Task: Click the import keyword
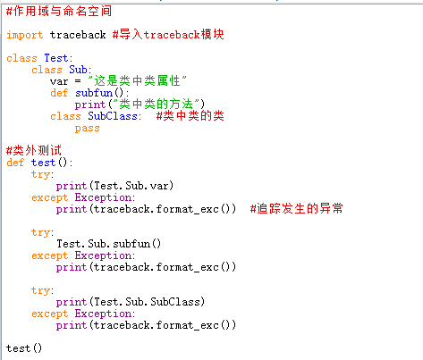[x=25, y=35]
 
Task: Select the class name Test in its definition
[x=56, y=58]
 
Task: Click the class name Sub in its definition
[x=79, y=70]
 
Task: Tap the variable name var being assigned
[x=59, y=81]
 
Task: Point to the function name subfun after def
[x=94, y=93]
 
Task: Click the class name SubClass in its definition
[x=113, y=116]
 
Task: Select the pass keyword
[x=87, y=129]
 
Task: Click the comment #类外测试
[x=34, y=150]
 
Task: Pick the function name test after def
[x=43, y=163]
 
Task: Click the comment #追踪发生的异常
[x=297, y=209]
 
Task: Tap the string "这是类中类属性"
[x=137, y=80]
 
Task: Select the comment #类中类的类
[x=190, y=115]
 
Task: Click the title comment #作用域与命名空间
[x=59, y=12]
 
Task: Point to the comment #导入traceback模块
[x=168, y=35]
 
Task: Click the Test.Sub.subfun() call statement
[x=109, y=244]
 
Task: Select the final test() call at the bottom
[x=24, y=348]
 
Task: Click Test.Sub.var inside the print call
[x=131, y=186]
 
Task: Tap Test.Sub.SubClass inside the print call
[x=147, y=302]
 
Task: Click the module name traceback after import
[x=78, y=35]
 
